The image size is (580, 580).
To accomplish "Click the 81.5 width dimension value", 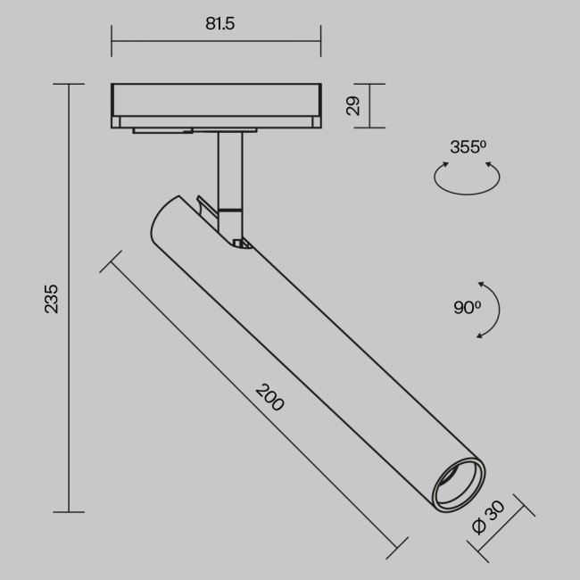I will [220, 24].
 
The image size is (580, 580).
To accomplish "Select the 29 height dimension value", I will [354, 106].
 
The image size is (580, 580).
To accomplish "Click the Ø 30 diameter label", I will [488, 518].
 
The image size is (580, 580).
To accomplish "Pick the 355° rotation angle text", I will [468, 147].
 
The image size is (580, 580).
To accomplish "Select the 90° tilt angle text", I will [467, 308].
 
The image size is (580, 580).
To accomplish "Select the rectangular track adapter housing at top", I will [215, 104].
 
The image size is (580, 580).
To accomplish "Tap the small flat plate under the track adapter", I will [162, 131].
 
